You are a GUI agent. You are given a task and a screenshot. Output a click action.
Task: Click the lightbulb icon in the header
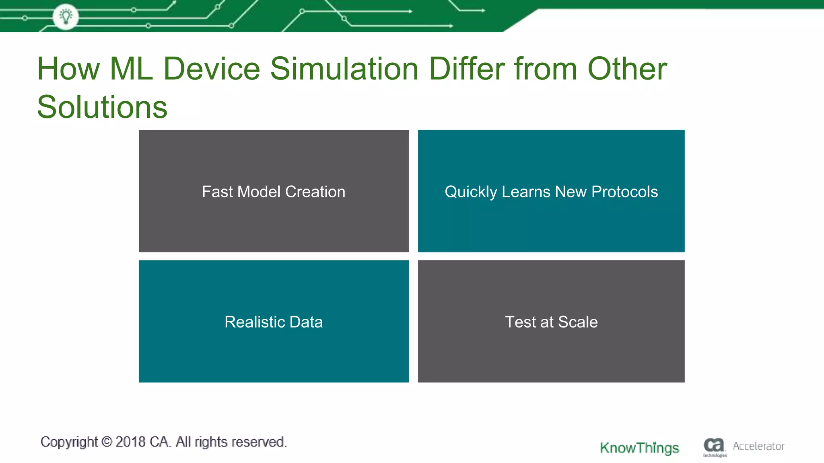(x=66, y=16)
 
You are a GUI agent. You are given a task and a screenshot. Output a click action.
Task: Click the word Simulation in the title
(x=344, y=69)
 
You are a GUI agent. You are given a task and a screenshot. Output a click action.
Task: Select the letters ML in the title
(x=131, y=69)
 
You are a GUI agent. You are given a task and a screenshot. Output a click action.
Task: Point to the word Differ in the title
(x=466, y=69)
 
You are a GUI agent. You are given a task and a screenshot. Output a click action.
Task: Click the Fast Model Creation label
(x=274, y=192)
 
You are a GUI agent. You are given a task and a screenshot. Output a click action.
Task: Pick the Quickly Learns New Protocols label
(x=551, y=192)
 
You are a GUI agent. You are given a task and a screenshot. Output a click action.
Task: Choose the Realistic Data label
(x=274, y=322)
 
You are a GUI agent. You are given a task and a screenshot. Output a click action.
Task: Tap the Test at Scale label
(x=551, y=322)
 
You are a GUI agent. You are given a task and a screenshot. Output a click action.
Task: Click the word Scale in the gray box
(x=578, y=322)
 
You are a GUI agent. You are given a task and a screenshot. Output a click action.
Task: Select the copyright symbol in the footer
(x=107, y=442)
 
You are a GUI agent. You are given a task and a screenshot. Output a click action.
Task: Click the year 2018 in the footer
(x=130, y=442)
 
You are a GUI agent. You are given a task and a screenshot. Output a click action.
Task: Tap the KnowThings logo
(x=639, y=448)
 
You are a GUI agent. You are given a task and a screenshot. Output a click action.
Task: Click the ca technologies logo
(x=714, y=447)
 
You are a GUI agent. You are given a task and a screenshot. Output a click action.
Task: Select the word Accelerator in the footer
(x=758, y=446)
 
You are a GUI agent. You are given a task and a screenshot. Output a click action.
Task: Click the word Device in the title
(x=212, y=69)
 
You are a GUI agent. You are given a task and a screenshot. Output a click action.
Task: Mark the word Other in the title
(x=627, y=69)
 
